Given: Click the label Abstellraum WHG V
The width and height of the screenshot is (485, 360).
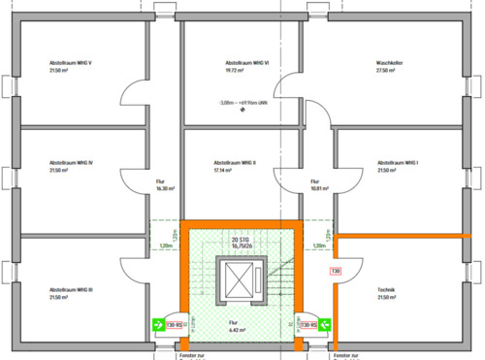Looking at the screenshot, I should click(71, 62).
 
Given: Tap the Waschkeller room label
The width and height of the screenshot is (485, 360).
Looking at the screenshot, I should click(391, 62).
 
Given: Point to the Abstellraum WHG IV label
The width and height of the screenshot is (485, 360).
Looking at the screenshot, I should click(71, 162).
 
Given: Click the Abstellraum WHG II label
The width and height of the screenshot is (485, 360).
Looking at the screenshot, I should click(234, 162).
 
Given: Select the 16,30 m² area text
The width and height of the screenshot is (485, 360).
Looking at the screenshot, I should click(165, 189).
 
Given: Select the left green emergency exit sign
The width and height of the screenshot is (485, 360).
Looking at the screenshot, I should click(157, 324).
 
